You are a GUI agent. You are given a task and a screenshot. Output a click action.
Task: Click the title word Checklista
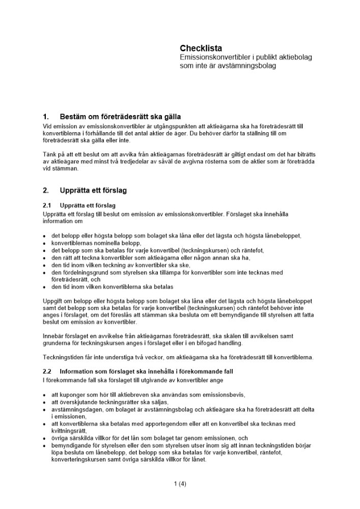click(201, 49)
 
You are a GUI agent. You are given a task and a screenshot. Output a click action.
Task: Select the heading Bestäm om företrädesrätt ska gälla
click(120, 117)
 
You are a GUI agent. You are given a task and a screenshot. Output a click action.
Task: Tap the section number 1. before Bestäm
click(46, 117)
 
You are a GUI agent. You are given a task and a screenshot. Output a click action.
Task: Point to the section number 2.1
click(47, 206)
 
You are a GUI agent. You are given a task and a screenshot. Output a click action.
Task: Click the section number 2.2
click(47, 371)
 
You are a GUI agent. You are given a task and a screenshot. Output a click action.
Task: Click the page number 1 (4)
click(180, 484)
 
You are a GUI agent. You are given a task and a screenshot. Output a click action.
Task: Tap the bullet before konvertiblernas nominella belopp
click(44, 244)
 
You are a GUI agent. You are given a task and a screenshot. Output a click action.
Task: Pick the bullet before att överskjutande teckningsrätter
click(44, 403)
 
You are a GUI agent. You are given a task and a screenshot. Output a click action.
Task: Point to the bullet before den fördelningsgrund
click(44, 273)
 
